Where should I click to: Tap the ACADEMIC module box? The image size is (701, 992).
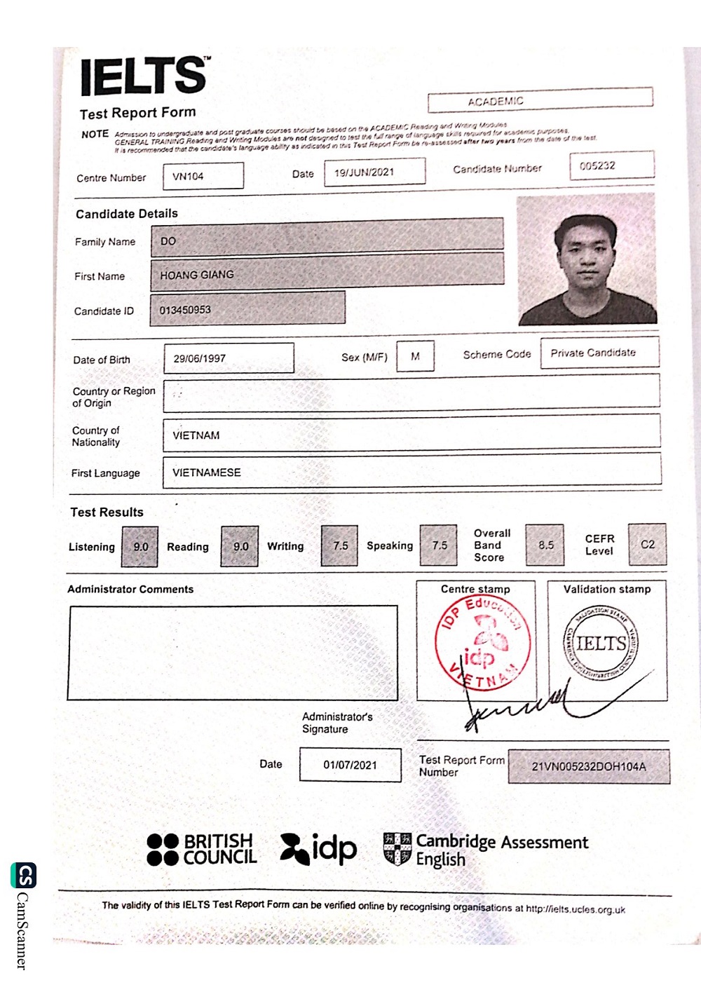540,100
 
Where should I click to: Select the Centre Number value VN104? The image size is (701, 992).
203,176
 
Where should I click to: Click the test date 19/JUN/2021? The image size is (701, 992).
374,172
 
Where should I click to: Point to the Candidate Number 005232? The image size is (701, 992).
611,165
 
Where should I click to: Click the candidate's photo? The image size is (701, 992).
586,260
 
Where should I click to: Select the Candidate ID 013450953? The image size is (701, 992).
247,309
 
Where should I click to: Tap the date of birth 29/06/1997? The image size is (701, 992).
229,358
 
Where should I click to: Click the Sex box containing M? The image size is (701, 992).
415,356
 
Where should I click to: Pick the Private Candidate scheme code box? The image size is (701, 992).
599,353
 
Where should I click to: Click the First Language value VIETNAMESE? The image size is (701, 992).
411,472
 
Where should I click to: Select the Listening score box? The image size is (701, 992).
141,546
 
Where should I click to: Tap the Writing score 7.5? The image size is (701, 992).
340,545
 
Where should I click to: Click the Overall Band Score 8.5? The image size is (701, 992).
545,545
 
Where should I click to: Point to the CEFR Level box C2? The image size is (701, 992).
647,544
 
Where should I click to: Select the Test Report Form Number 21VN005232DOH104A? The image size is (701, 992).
589,766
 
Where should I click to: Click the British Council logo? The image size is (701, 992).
202,849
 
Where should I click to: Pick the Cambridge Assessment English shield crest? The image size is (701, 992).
397,848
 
